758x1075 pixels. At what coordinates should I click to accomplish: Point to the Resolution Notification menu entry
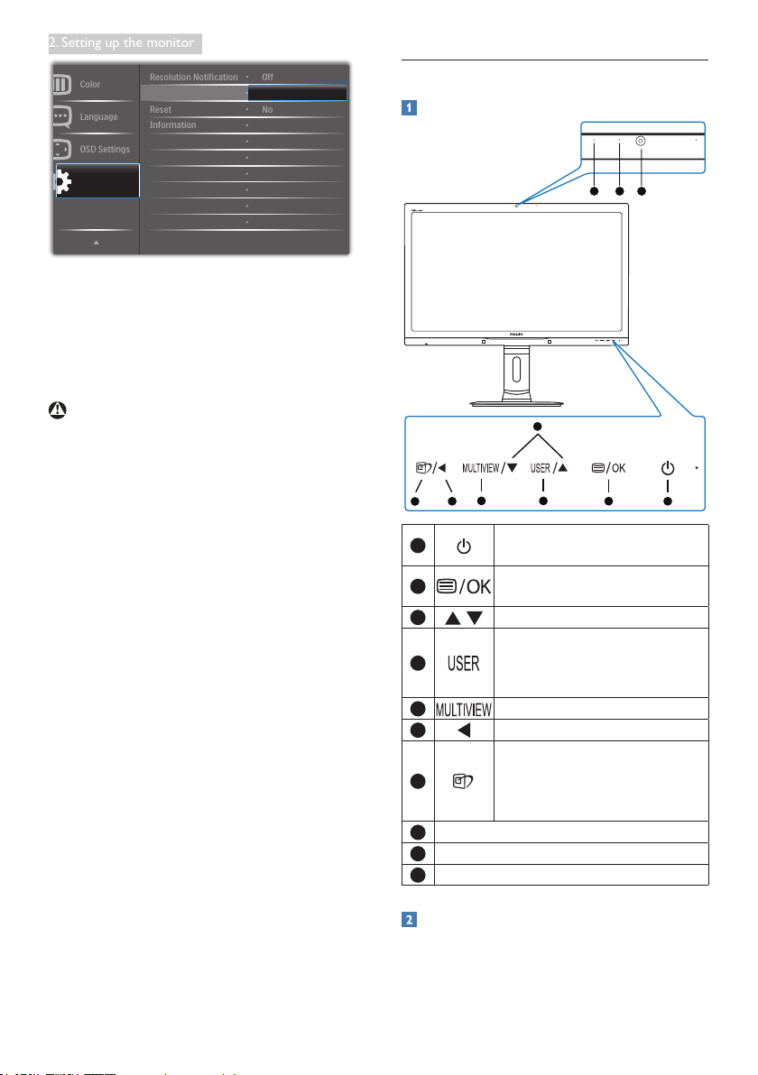tap(193, 78)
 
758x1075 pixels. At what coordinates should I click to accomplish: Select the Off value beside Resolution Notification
tap(267, 78)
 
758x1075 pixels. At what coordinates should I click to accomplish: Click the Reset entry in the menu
tap(161, 109)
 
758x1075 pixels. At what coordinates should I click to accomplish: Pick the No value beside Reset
tap(267, 109)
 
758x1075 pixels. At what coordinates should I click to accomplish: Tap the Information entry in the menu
tap(172, 124)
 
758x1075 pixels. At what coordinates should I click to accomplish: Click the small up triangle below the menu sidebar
tap(97, 242)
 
